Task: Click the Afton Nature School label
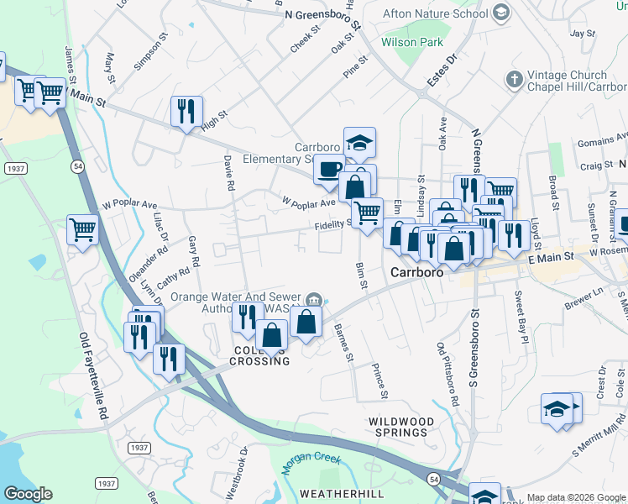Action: (x=434, y=13)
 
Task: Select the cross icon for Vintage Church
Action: (x=514, y=80)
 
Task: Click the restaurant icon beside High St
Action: (x=186, y=111)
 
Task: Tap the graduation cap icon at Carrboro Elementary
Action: (x=359, y=143)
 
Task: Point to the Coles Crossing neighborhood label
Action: (x=260, y=354)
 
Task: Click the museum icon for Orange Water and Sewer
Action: (x=313, y=298)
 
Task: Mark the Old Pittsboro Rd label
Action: (x=447, y=374)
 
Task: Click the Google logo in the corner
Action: (x=28, y=494)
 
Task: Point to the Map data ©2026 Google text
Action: (x=576, y=498)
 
